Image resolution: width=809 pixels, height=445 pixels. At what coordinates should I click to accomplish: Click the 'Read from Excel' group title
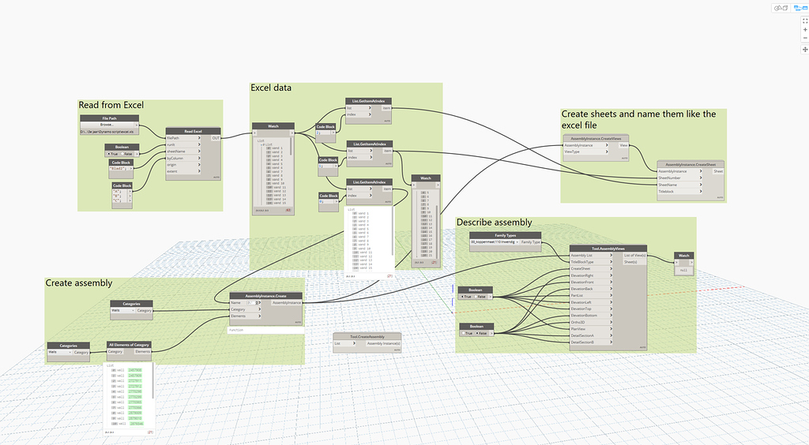coord(111,105)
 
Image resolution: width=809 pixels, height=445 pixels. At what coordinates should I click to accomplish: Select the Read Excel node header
coord(193,131)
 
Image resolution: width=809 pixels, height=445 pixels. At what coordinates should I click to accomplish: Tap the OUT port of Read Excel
coord(216,138)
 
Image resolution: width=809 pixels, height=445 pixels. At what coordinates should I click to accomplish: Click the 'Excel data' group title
coord(271,88)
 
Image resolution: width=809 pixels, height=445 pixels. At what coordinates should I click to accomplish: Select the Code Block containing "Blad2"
coord(121,167)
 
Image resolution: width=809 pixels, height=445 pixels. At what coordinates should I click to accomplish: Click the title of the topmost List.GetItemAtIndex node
coord(369,101)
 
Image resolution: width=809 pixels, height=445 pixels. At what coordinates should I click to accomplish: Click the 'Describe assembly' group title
coord(494,222)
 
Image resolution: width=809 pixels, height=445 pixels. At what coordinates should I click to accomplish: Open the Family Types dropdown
coord(506,242)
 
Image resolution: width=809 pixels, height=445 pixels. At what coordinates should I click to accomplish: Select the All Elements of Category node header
coord(129,345)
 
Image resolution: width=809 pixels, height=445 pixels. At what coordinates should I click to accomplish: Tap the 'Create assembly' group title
coord(79,282)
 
